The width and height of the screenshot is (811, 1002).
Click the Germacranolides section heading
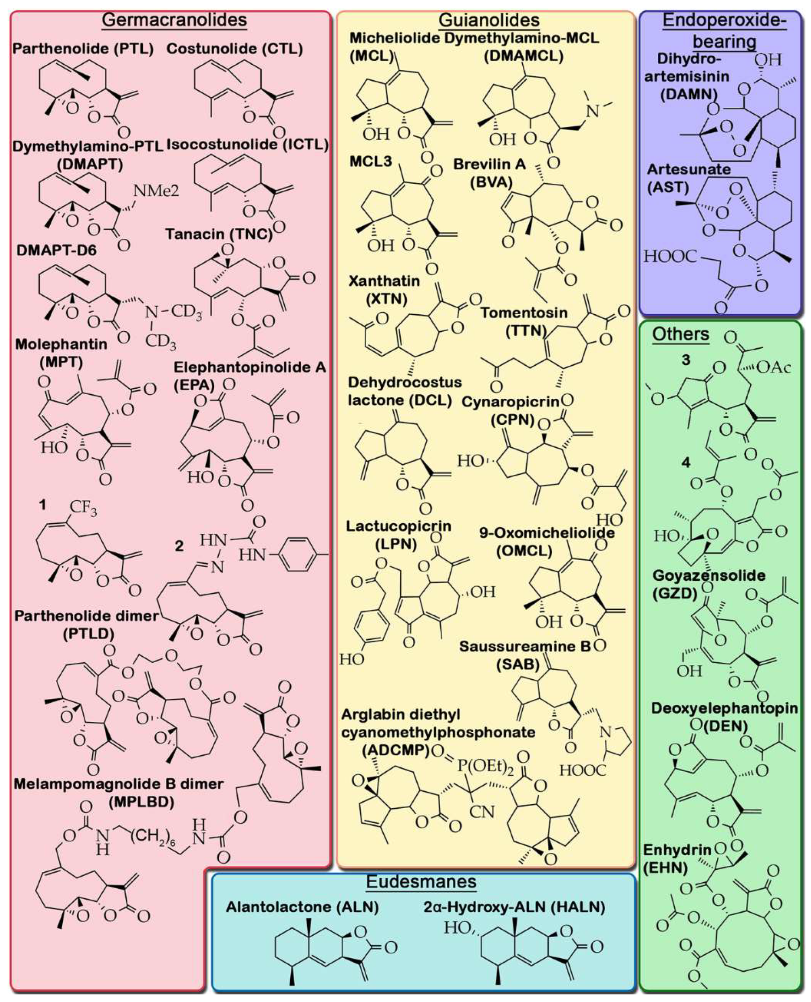coord(174,20)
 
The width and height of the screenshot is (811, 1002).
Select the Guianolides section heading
coord(489,20)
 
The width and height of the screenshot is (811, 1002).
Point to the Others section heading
coord(681,334)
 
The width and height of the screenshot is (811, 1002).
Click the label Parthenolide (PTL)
coord(83,49)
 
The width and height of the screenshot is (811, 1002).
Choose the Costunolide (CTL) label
coord(234,49)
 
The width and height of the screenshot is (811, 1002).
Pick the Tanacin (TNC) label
coord(219,234)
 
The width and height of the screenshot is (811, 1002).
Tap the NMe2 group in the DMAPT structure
coord(156,191)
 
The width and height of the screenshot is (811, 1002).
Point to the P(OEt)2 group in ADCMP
coord(479,764)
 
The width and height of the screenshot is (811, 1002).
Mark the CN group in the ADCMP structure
coord(482,811)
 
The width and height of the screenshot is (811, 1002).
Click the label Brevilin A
coord(490,164)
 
